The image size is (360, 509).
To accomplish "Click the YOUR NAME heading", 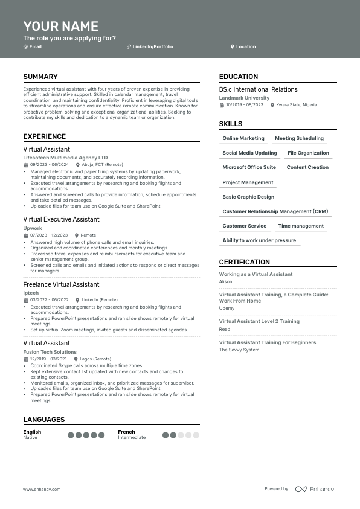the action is point(60,26).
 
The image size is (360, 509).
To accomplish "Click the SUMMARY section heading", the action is point(40,77).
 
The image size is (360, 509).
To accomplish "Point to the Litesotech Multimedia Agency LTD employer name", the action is point(65,158).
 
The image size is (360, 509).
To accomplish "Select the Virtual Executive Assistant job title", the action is point(61,219).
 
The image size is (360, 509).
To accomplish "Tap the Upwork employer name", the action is point(33,228).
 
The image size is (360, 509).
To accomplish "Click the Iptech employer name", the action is point(31,293).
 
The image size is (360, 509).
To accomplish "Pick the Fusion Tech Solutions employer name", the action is point(50,352).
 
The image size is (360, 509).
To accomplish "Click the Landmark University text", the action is point(244,98).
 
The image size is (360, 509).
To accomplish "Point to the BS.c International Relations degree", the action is point(258,89).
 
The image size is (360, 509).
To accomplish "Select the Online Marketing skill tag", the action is point(243,139).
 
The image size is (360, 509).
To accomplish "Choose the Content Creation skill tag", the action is point(307,168).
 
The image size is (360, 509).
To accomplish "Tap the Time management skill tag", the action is point(301,226).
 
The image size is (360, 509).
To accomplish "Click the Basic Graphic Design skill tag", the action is point(248,197).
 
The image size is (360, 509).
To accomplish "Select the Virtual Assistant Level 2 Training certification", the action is point(259,322).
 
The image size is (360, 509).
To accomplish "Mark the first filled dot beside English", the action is point(71,435).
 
